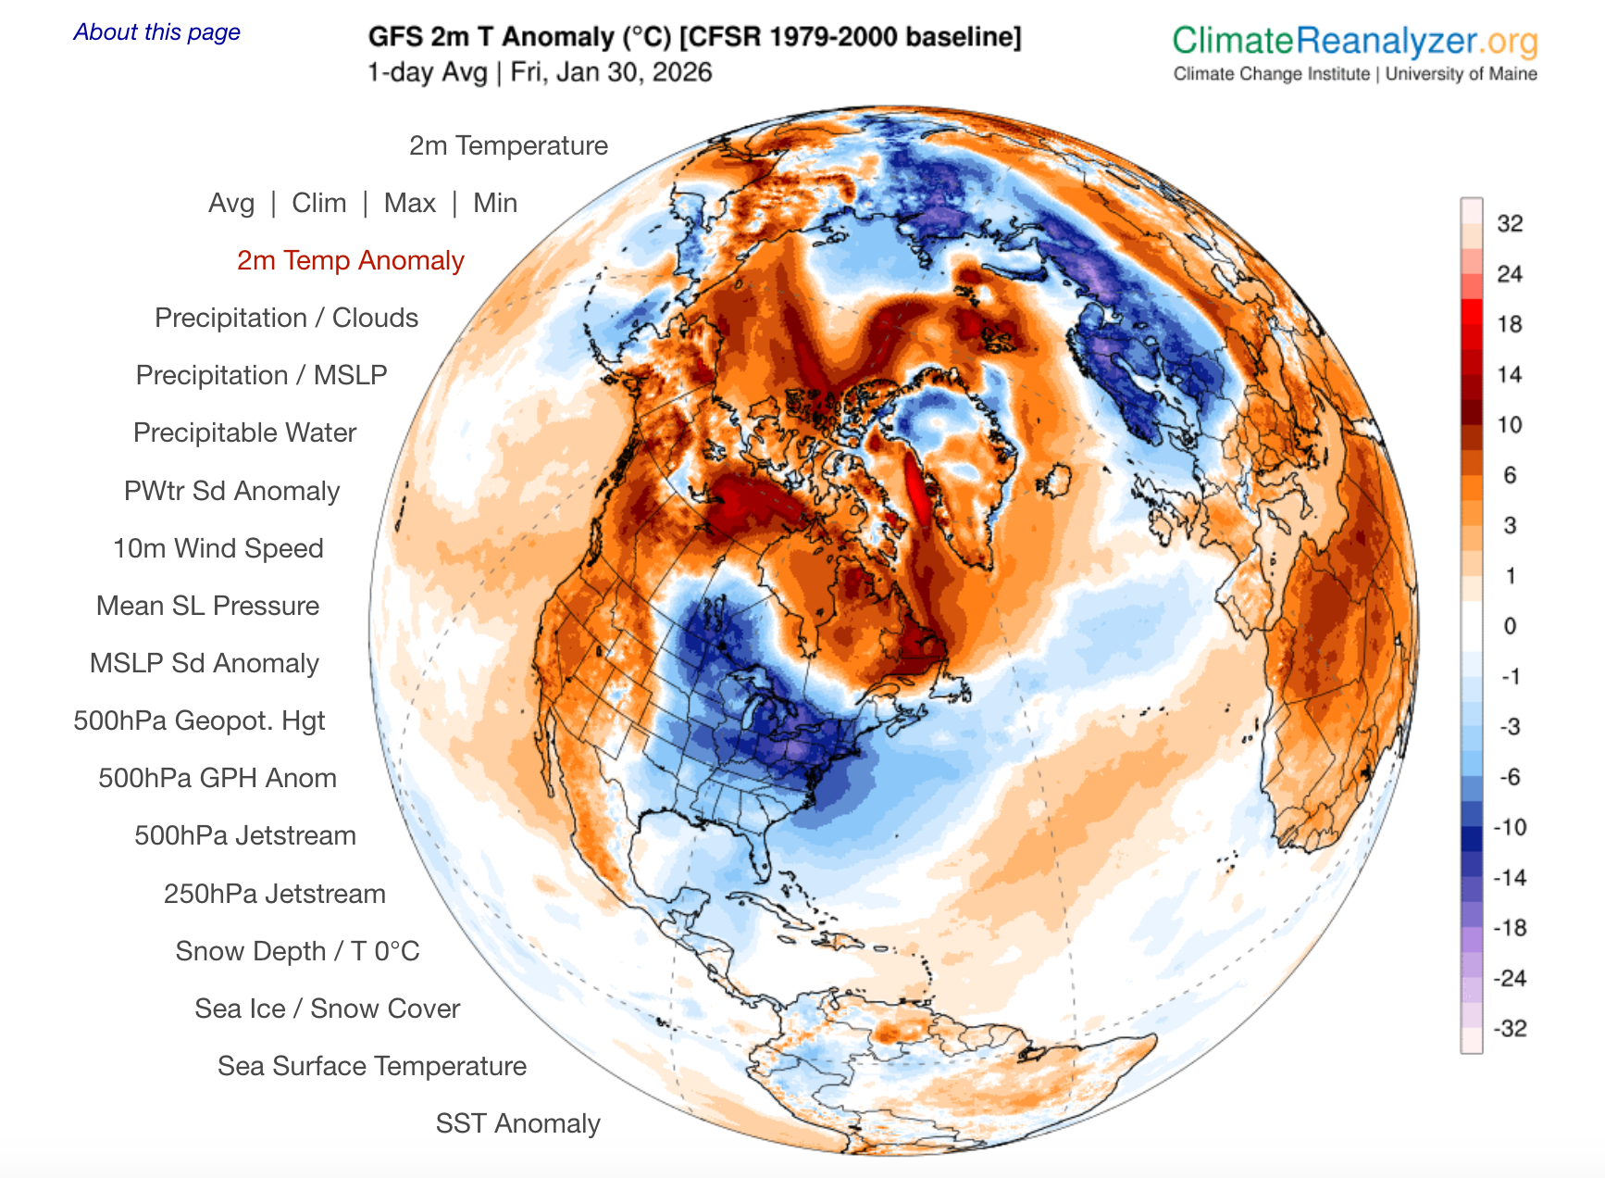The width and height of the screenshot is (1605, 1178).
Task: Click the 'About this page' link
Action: [x=156, y=32]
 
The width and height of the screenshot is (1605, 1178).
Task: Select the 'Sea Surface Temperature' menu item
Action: [x=371, y=1066]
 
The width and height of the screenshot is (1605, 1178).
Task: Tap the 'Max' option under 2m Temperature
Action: [x=409, y=203]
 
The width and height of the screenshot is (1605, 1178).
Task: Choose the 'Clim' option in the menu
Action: [x=318, y=203]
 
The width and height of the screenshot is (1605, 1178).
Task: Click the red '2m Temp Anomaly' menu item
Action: [x=350, y=260]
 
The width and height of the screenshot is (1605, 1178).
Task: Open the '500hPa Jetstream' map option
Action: [x=244, y=835]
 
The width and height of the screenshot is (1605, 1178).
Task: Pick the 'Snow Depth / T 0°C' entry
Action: [x=297, y=951]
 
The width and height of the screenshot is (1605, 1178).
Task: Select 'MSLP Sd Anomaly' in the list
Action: [x=204, y=663]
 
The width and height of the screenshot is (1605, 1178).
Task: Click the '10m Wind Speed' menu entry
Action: [x=218, y=548]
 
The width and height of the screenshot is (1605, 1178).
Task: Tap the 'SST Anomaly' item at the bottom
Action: [x=517, y=1123]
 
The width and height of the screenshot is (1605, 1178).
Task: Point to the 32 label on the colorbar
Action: [x=1510, y=223]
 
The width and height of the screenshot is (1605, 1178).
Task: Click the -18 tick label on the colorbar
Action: [x=1509, y=928]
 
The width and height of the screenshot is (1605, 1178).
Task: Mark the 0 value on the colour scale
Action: [x=1510, y=626]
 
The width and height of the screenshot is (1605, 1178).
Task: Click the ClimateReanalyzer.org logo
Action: [x=1354, y=42]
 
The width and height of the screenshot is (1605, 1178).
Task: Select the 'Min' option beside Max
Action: [x=494, y=203]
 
